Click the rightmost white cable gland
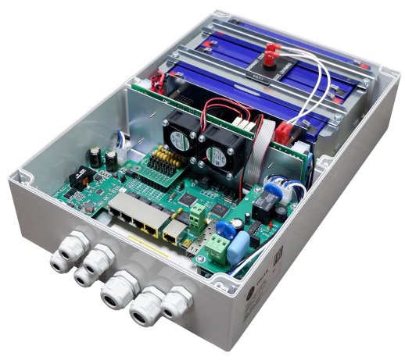[x=178, y=301]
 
